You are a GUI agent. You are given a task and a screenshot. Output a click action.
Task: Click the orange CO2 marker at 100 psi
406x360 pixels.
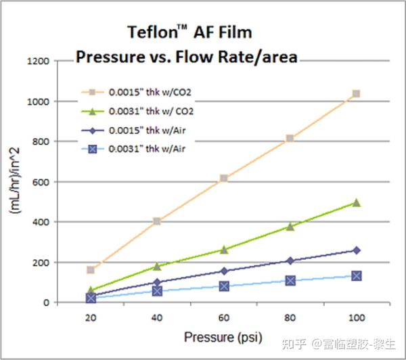coord(356,94)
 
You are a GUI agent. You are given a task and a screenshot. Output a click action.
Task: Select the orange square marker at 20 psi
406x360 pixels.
coord(91,270)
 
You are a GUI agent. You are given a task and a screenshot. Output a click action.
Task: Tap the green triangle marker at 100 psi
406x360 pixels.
coord(356,202)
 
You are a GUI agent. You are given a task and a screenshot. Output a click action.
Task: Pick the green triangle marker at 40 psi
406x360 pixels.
coord(158,267)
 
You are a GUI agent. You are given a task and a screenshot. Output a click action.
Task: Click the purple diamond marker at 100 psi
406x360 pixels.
coord(356,250)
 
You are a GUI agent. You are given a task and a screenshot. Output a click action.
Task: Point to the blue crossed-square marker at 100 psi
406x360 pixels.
coord(356,275)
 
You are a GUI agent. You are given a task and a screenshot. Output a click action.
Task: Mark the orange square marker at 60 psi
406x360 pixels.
coord(224,179)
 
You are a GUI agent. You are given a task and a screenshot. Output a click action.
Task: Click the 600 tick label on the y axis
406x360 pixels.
coord(41,182)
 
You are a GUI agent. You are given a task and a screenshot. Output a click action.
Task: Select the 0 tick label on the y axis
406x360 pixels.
coord(46,302)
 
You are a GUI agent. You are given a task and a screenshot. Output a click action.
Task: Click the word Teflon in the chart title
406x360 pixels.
coord(153,32)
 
